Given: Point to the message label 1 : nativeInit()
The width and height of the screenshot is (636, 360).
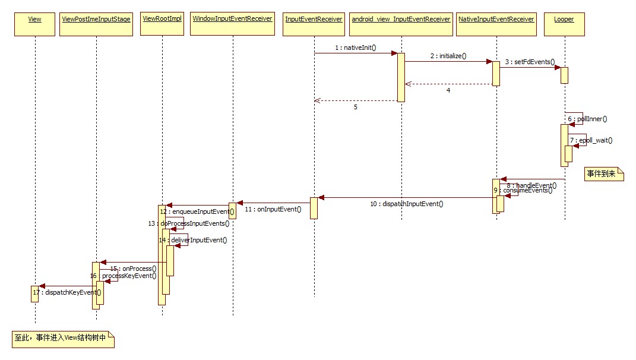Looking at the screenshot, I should (x=356, y=47).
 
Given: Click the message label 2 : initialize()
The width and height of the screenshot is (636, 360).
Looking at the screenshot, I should (x=448, y=55).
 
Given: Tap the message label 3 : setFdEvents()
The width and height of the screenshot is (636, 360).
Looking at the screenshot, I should (x=530, y=61).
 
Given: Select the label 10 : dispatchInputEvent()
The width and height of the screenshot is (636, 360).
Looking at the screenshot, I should (x=407, y=204).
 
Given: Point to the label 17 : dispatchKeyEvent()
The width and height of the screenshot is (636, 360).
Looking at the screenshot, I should (x=67, y=292).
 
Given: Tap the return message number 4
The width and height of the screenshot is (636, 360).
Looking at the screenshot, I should (x=448, y=90).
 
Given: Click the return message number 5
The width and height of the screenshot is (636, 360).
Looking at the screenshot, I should (x=356, y=108).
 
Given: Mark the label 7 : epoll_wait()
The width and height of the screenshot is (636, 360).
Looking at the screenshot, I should (x=591, y=140).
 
